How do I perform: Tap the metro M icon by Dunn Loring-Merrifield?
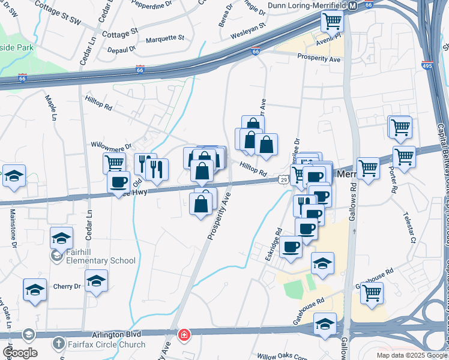[x=353, y=5]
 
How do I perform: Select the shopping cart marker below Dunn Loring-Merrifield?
[x=331, y=22]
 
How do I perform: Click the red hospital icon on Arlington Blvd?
[x=183, y=334]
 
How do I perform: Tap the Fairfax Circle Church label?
[x=106, y=344]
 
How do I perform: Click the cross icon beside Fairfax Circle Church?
[x=58, y=344]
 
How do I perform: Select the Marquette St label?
[x=164, y=38]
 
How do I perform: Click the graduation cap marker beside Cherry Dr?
[x=96, y=281]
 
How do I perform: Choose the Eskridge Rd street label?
[x=274, y=240]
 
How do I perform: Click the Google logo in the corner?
[x=19, y=352]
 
